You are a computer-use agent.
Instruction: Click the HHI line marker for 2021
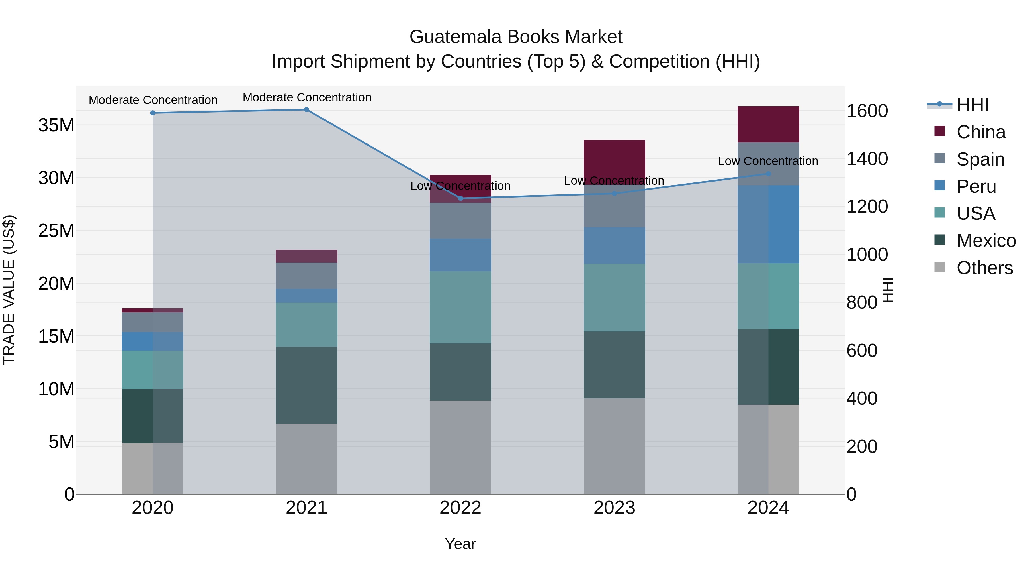(x=306, y=110)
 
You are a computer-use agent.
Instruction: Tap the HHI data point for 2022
(x=460, y=198)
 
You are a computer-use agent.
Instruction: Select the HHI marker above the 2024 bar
(x=768, y=174)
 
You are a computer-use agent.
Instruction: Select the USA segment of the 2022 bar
(x=460, y=307)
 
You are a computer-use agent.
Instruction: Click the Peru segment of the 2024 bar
(x=768, y=224)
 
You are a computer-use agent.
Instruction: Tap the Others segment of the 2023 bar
(x=614, y=446)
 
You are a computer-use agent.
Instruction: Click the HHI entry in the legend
(x=972, y=105)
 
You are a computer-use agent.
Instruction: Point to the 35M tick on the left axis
(x=56, y=125)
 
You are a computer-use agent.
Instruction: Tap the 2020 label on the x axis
(x=153, y=508)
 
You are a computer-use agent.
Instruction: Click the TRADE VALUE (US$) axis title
(x=9, y=290)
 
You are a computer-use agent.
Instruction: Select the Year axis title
(x=460, y=544)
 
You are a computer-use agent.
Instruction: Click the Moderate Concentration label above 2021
(x=307, y=97)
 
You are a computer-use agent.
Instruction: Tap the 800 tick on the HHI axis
(x=862, y=303)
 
